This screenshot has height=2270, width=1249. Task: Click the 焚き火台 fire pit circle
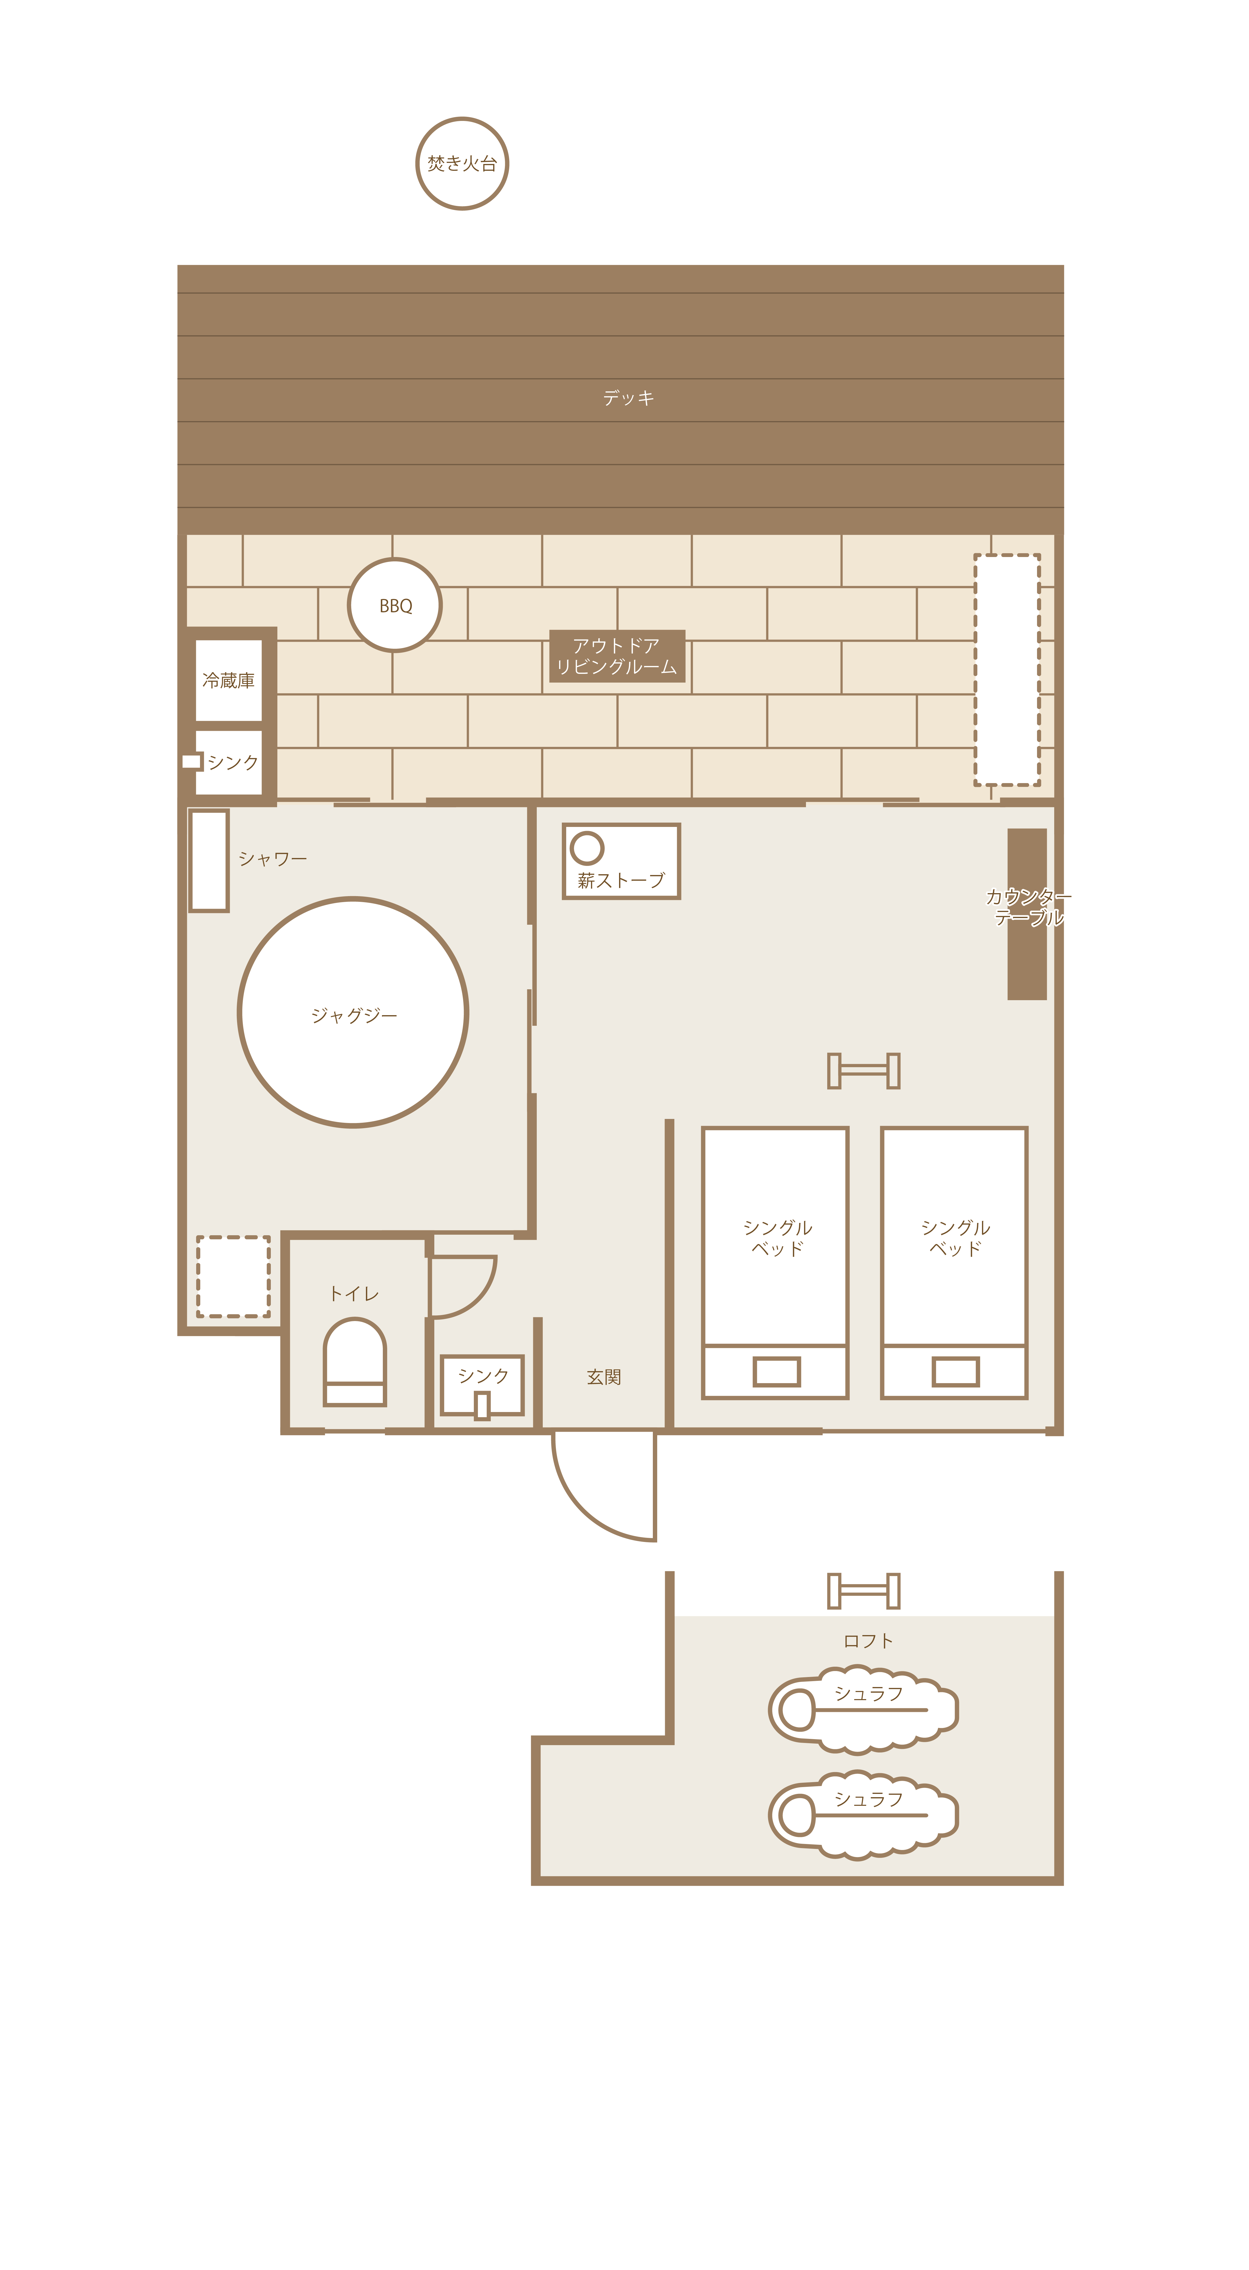tap(462, 164)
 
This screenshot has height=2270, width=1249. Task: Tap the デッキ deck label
tap(629, 398)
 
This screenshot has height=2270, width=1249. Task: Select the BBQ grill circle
tap(395, 605)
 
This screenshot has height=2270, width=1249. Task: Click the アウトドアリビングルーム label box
tap(617, 656)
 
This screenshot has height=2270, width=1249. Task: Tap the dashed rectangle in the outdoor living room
tap(1007, 670)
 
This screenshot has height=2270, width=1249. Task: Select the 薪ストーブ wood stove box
tap(622, 861)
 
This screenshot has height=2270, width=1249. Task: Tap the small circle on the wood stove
tap(587, 848)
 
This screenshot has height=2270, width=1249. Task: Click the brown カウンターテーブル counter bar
tap(1027, 914)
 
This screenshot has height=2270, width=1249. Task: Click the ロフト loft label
tap(868, 1641)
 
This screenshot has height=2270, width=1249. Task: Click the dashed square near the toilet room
tap(234, 1276)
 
